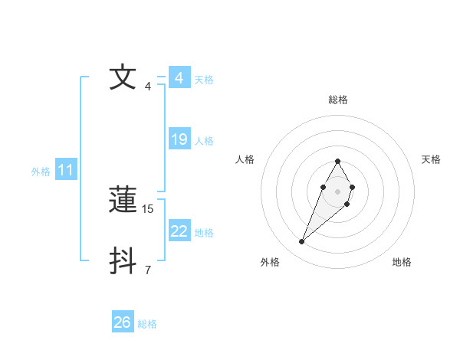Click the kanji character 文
click(123, 77)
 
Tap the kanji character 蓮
click(123, 201)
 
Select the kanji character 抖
click(123, 261)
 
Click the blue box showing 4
click(179, 78)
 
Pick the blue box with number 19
click(179, 139)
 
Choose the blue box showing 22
click(179, 231)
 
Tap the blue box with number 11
click(66, 171)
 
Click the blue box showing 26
click(123, 322)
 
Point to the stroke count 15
click(149, 208)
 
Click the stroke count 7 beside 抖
click(148, 270)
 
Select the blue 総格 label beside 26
click(147, 324)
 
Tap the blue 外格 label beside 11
click(41, 172)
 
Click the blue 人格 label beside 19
click(204, 141)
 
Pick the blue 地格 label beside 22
click(204, 233)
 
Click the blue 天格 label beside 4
click(204, 80)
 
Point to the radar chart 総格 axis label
click(338, 100)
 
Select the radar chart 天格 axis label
click(431, 159)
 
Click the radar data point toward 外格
click(301, 242)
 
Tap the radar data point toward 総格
click(337, 162)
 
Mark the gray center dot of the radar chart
click(337, 191)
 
